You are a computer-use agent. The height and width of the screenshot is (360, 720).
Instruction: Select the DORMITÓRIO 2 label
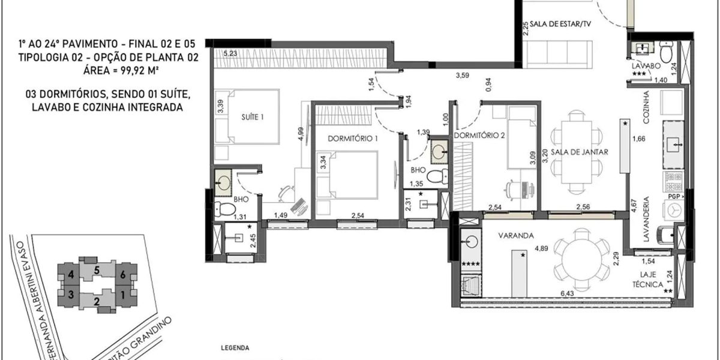click(x=479, y=136)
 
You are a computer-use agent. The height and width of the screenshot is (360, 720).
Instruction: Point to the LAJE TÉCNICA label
click(x=650, y=280)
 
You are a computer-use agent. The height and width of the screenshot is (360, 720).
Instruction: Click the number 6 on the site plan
click(x=123, y=275)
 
